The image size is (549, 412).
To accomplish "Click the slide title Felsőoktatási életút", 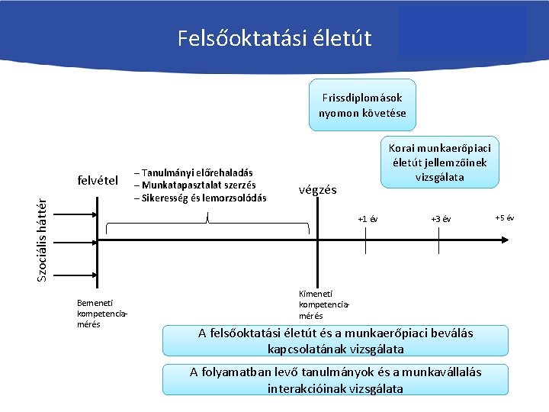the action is [274, 37].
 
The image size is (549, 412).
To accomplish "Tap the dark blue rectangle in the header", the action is [461, 31].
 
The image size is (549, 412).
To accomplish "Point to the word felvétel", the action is [98, 181].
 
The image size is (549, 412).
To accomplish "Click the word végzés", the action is [317, 190].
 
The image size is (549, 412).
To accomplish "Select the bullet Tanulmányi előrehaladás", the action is [194, 173].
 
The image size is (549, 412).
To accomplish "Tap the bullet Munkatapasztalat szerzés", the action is [195, 185].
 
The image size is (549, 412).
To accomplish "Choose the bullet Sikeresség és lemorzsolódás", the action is [201, 198].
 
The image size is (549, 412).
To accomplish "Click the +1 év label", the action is [368, 220].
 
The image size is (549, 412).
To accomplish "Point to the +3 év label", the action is [441, 220].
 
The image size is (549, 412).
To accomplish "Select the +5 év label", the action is [505, 218].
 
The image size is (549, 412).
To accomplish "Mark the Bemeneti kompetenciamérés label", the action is [100, 314].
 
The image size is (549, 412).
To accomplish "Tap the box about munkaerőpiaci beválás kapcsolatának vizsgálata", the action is [335, 341].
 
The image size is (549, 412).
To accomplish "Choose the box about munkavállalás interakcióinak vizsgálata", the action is [335, 380].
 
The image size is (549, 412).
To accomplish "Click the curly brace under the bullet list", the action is [207, 226].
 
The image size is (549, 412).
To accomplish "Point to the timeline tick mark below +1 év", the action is [367, 243].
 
